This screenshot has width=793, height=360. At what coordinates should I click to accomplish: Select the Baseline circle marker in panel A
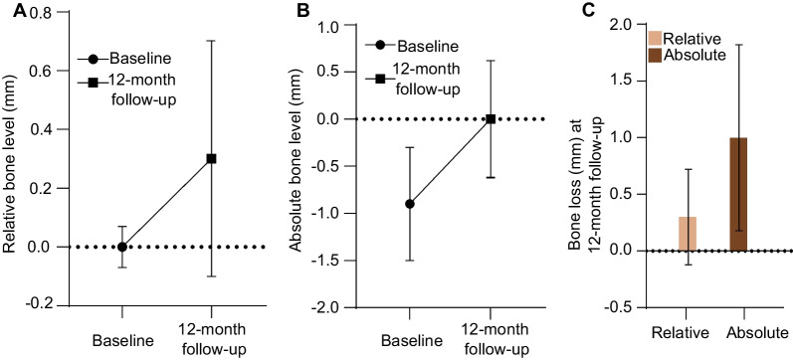121,247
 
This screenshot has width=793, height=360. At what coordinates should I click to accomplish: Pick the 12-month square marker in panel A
211,158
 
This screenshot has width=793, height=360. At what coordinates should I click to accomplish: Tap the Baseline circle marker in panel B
409,204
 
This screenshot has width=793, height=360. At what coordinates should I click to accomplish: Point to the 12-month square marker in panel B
490,119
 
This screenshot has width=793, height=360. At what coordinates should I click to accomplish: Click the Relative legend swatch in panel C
654,37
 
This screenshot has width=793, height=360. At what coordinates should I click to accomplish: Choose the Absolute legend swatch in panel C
654,54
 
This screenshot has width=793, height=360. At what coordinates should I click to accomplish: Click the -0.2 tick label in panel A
37,303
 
